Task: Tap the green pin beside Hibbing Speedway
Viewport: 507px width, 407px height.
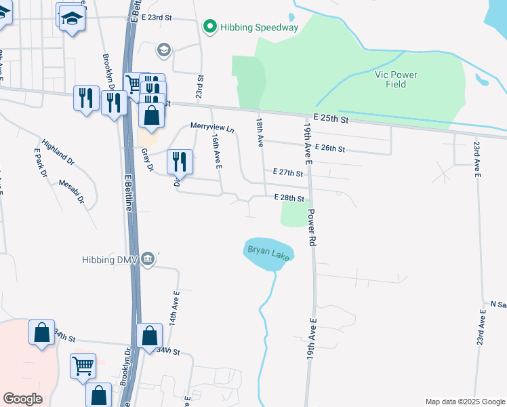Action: coord(210,27)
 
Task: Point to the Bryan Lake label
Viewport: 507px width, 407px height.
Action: coord(268,252)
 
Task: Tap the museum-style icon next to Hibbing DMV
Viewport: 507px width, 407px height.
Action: coord(150,259)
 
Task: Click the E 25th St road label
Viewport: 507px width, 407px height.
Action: coord(326,119)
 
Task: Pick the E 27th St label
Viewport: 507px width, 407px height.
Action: coord(287,173)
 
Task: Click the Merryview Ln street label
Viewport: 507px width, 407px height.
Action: coord(211,127)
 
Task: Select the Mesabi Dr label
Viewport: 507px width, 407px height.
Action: coord(71,191)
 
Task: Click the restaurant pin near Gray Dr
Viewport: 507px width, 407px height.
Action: coord(180,161)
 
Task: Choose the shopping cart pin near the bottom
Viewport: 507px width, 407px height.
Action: coord(83,366)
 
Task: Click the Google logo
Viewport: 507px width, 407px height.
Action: coord(22,399)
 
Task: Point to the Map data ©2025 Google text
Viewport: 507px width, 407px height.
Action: coord(464,402)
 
